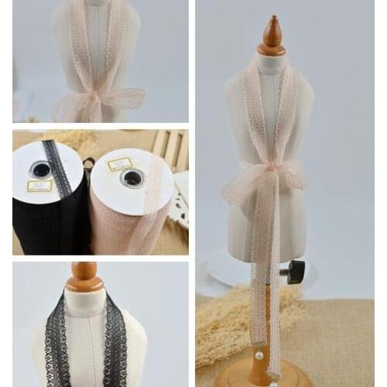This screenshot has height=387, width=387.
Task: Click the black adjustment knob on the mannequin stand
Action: [294, 271]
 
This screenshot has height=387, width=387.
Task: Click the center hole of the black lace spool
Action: [40, 170]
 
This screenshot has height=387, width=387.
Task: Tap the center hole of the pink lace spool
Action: [132, 178]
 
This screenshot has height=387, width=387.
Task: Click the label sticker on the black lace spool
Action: [39, 186]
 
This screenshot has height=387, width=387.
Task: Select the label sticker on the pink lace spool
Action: [119, 164]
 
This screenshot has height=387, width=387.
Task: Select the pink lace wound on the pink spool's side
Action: [124, 228]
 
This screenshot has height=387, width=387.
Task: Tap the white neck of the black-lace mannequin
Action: [84, 302]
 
